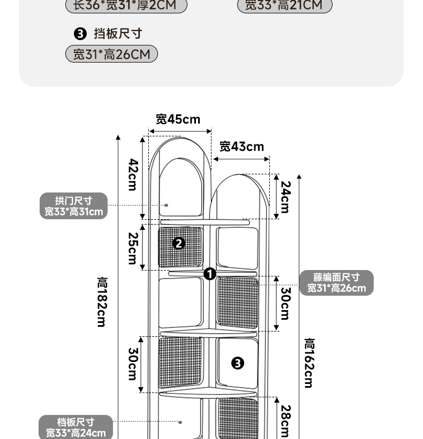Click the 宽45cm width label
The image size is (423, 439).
tap(178, 119)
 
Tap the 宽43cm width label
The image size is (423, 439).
tap(241, 147)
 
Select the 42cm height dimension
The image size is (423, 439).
tap(133, 175)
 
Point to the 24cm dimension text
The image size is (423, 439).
tap(286, 197)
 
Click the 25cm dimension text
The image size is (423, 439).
tap(133, 248)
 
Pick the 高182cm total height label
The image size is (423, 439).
tap(102, 302)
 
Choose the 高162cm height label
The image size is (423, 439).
tap(309, 363)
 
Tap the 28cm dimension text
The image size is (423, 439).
tap(286, 421)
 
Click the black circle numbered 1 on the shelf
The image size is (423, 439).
tap(209, 274)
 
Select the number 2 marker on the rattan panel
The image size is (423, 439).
tap(179, 243)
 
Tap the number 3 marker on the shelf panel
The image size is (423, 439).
tap(237, 363)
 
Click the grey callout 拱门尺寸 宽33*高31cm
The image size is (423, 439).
tap(74, 206)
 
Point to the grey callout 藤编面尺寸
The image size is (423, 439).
tap(336, 283)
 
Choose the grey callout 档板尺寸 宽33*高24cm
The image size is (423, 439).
tap(75, 428)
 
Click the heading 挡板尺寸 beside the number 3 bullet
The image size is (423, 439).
tap(118, 34)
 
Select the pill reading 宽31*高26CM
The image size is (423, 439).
tap(111, 54)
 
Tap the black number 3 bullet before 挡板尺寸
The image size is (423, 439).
tap(80, 34)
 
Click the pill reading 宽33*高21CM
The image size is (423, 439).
tap(284, 5)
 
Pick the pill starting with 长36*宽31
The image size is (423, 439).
tap(126, 6)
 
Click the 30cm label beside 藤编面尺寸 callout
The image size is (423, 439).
tap(286, 304)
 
